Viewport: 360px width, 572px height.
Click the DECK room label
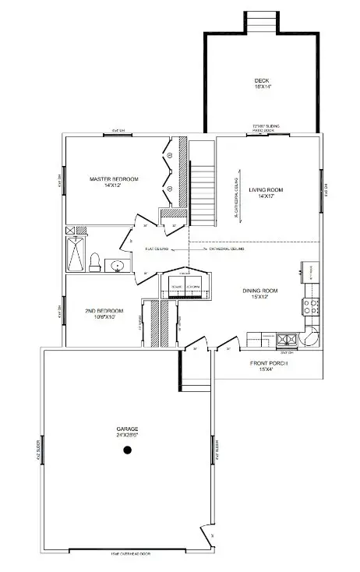click(x=261, y=80)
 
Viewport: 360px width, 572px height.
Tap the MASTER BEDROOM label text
click(x=114, y=179)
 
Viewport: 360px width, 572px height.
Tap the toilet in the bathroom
click(x=94, y=263)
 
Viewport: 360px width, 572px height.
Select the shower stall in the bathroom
click(x=76, y=251)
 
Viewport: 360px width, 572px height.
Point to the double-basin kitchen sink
click(x=286, y=339)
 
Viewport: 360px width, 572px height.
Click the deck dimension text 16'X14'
click(x=261, y=87)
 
